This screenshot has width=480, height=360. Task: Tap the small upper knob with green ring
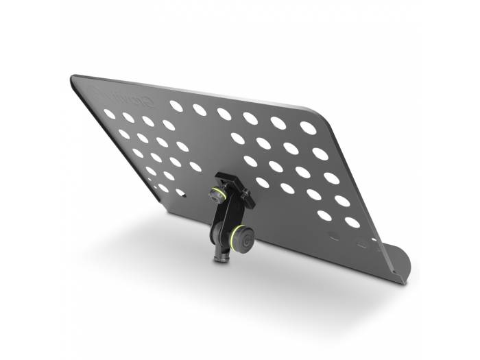[x=219, y=195]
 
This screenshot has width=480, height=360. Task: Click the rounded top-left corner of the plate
[x=74, y=79]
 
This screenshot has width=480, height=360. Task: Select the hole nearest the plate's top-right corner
[x=308, y=128]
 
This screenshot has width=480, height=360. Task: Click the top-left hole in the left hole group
[x=109, y=114]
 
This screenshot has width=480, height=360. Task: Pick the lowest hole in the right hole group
[x=352, y=222]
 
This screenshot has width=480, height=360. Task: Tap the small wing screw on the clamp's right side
[x=250, y=202]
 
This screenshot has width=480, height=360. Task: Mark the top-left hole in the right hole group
[x=237, y=138]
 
